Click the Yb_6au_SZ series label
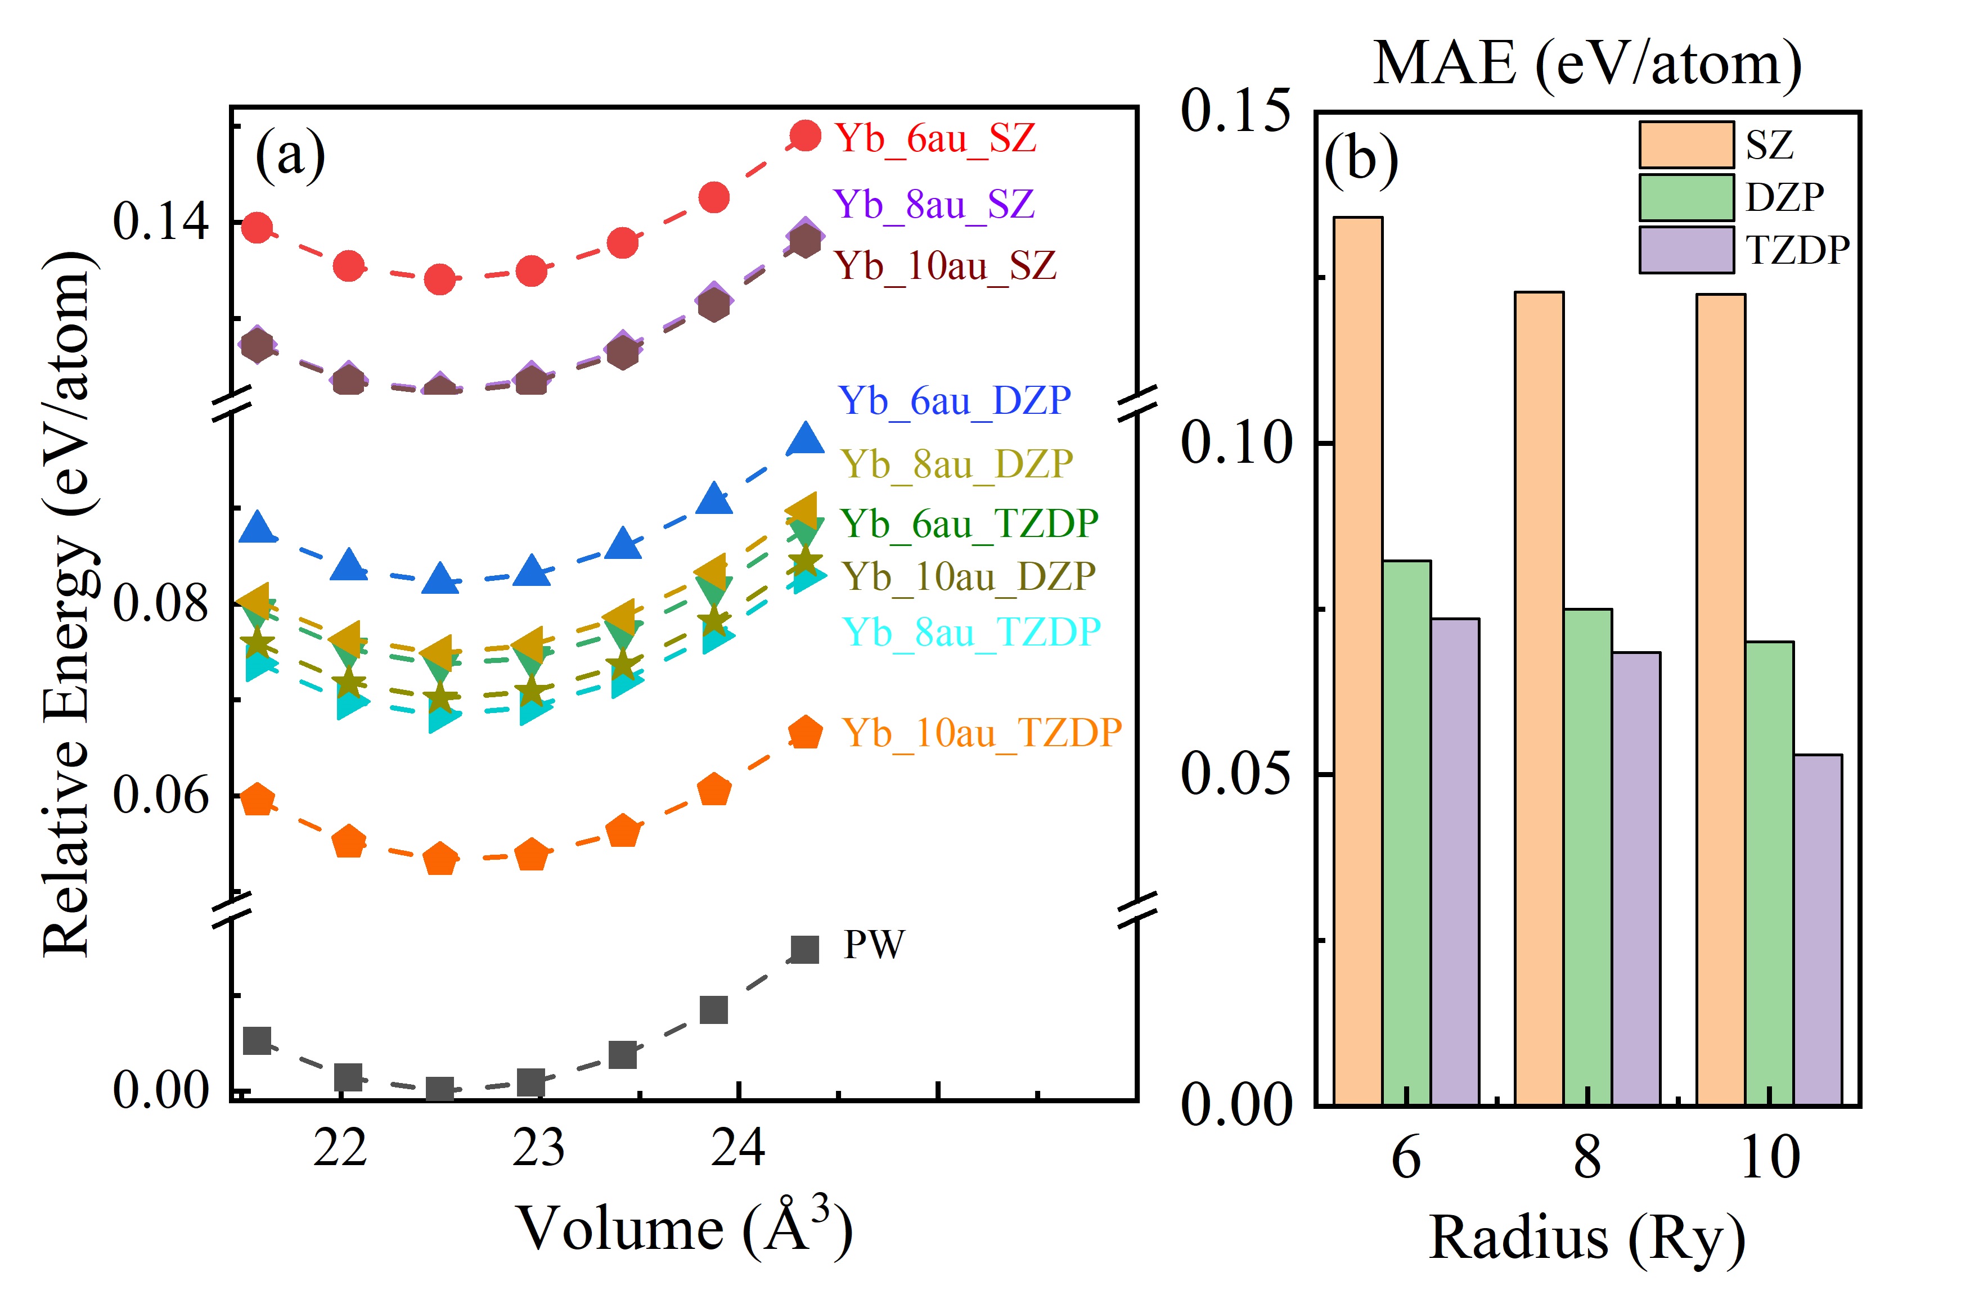[935, 138]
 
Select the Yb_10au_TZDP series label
[981, 733]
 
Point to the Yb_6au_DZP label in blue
[955, 401]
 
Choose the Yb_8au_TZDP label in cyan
[971, 633]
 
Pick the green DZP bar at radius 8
[1587, 856]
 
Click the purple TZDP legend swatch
[1686, 250]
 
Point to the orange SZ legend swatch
[1686, 146]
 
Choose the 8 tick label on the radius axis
[1587, 1158]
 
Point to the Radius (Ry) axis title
[1587, 1239]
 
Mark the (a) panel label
[290, 154]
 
